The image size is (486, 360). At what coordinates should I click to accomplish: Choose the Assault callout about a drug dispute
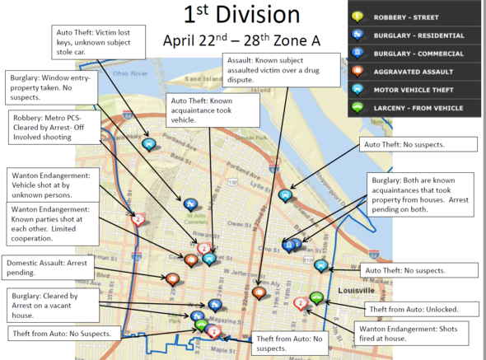tap(282, 70)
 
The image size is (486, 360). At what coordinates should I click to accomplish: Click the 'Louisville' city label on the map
tap(356, 291)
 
